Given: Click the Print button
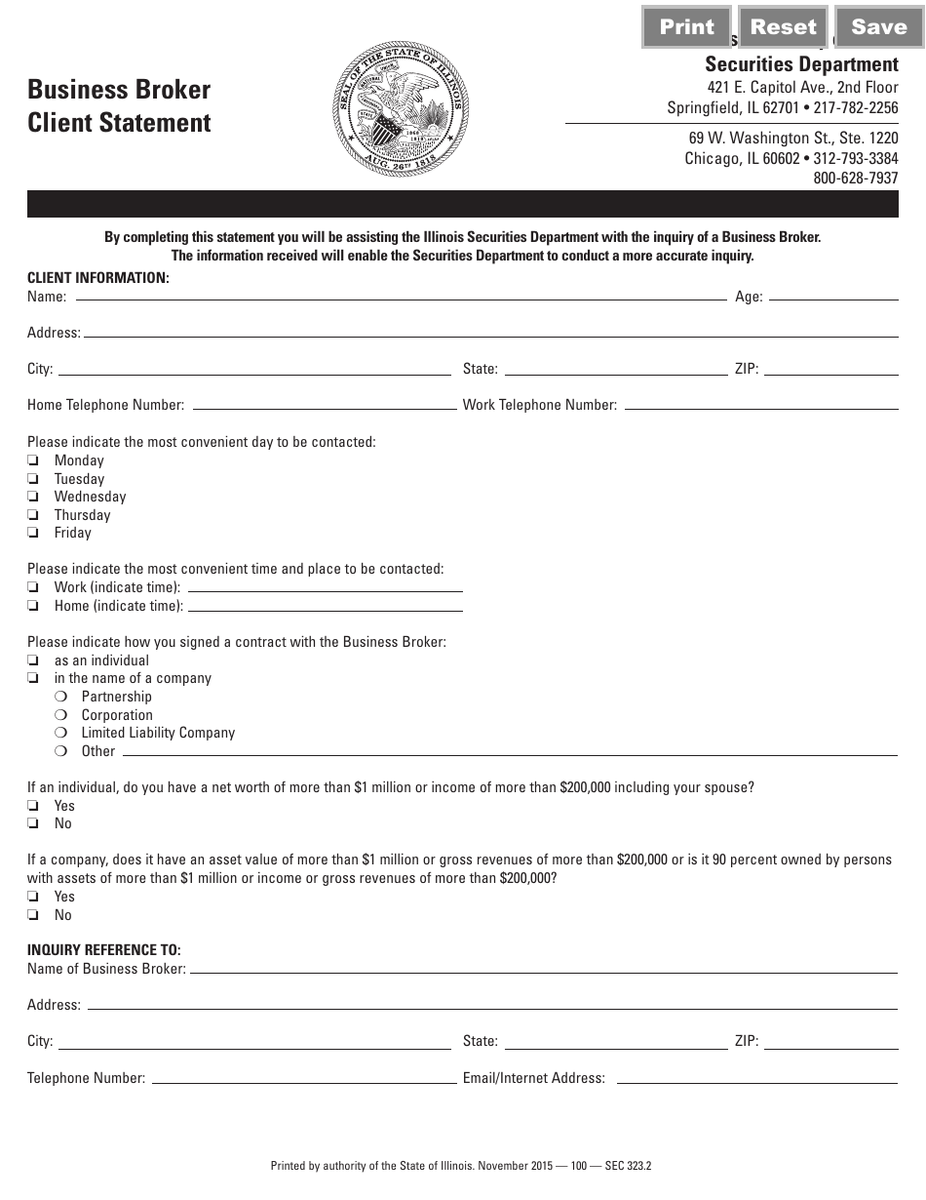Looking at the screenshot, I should [x=686, y=27].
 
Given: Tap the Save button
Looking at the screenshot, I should [x=878, y=27].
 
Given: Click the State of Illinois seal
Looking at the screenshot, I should [x=401, y=109].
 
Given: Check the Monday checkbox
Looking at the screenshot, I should [x=33, y=460].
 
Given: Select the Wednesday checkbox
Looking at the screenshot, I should [x=33, y=497].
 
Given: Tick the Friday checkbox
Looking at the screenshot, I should [x=33, y=533].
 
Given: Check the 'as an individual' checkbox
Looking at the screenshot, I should [x=33, y=660].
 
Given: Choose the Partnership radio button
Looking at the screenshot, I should [x=60, y=697].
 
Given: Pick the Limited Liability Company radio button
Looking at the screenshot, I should [x=60, y=733].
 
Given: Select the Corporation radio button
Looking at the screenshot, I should [x=60, y=715].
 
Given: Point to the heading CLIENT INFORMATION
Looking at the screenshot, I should [x=98, y=278].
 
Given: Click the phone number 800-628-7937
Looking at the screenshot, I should [x=855, y=179].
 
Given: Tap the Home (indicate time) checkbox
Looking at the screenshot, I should [x=33, y=606].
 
